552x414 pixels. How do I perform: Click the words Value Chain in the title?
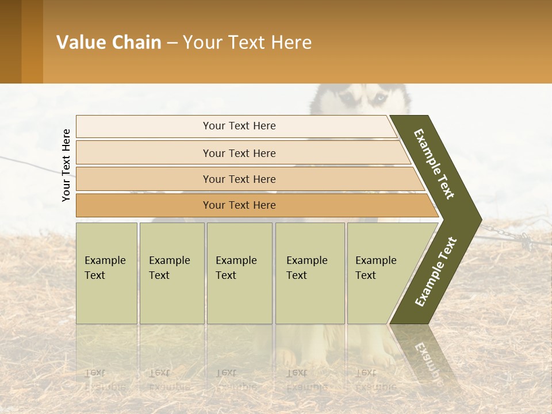[109, 43]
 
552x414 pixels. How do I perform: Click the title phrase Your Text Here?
[247, 43]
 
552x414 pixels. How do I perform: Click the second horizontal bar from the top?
[239, 153]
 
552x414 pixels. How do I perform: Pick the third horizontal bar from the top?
[239, 179]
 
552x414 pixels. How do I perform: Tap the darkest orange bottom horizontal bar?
[239, 205]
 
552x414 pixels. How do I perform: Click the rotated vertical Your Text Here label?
[66, 165]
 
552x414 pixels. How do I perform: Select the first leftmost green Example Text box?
[106, 273]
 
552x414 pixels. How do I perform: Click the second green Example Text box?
[171, 273]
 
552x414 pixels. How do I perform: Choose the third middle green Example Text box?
[239, 273]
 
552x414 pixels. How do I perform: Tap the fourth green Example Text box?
[309, 273]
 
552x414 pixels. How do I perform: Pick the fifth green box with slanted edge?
[379, 273]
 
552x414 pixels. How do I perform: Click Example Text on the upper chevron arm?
[434, 164]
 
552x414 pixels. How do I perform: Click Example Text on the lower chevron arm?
[435, 271]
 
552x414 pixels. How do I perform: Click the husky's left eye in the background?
[348, 98]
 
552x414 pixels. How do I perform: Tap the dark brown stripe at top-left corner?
[10, 41]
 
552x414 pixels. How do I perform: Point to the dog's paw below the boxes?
[287, 359]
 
